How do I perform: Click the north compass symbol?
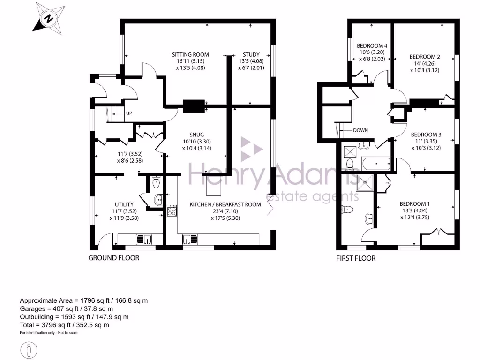(x=48, y=19)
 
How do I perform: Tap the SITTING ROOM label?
(x=190, y=55)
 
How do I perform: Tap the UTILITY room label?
(x=124, y=204)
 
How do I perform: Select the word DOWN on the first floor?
(x=360, y=130)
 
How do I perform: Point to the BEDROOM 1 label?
(x=415, y=204)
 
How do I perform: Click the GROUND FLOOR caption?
(x=114, y=258)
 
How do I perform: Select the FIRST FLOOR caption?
(x=356, y=258)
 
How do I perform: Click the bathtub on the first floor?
(x=375, y=164)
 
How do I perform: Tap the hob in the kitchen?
(x=171, y=210)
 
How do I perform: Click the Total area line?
(x=64, y=325)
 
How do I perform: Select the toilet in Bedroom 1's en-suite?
(x=348, y=209)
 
